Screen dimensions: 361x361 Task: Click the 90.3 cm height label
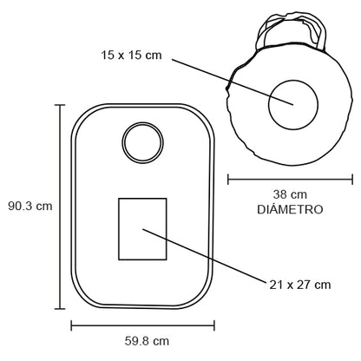tap(30, 206)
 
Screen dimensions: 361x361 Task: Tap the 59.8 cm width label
tap(147, 341)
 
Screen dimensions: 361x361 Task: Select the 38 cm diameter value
tap(290, 194)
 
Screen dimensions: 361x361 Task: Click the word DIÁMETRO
tap(290, 209)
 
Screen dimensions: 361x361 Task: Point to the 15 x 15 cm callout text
tap(131, 55)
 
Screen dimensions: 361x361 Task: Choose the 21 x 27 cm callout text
tap(300, 285)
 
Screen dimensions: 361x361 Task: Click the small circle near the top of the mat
tap(142, 122)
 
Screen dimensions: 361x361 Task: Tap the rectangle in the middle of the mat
tap(119, 229)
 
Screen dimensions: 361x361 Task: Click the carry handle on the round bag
tap(292, 15)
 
